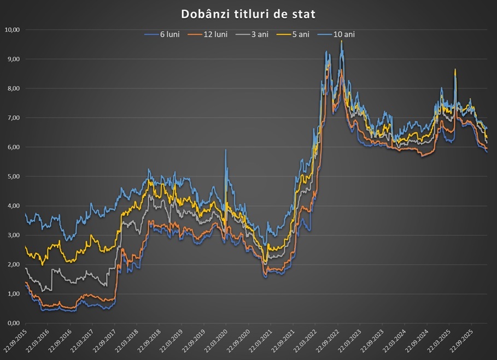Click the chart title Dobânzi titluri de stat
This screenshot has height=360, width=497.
248,13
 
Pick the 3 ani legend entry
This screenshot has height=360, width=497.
252,34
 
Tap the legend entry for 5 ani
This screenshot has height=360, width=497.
294,34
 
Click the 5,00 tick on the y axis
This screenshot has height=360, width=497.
12,176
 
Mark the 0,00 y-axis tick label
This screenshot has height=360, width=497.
12,323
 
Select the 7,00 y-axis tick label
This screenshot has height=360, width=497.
12,118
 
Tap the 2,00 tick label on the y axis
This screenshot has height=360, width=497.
12,264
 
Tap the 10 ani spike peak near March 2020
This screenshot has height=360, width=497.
226,150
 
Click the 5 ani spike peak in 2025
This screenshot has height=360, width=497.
455,70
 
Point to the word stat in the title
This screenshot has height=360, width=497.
304,13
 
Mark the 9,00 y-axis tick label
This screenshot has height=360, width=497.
12,59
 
